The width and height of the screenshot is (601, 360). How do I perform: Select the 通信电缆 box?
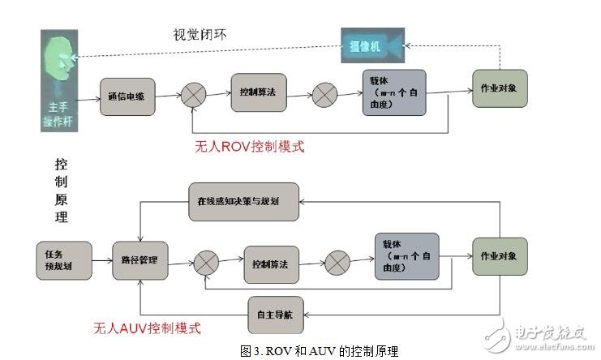[127, 95]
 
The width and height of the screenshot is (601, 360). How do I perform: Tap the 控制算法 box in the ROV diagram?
[258, 93]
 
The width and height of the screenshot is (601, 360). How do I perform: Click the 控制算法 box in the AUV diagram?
[270, 263]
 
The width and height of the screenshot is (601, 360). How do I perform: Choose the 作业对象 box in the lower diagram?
[500, 256]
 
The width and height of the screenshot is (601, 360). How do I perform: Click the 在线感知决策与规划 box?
[243, 201]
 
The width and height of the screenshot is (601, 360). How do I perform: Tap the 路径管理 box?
[139, 259]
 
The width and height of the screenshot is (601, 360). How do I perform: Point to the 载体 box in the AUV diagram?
[406, 256]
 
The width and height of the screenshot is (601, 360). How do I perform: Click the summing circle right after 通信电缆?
[193, 95]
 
